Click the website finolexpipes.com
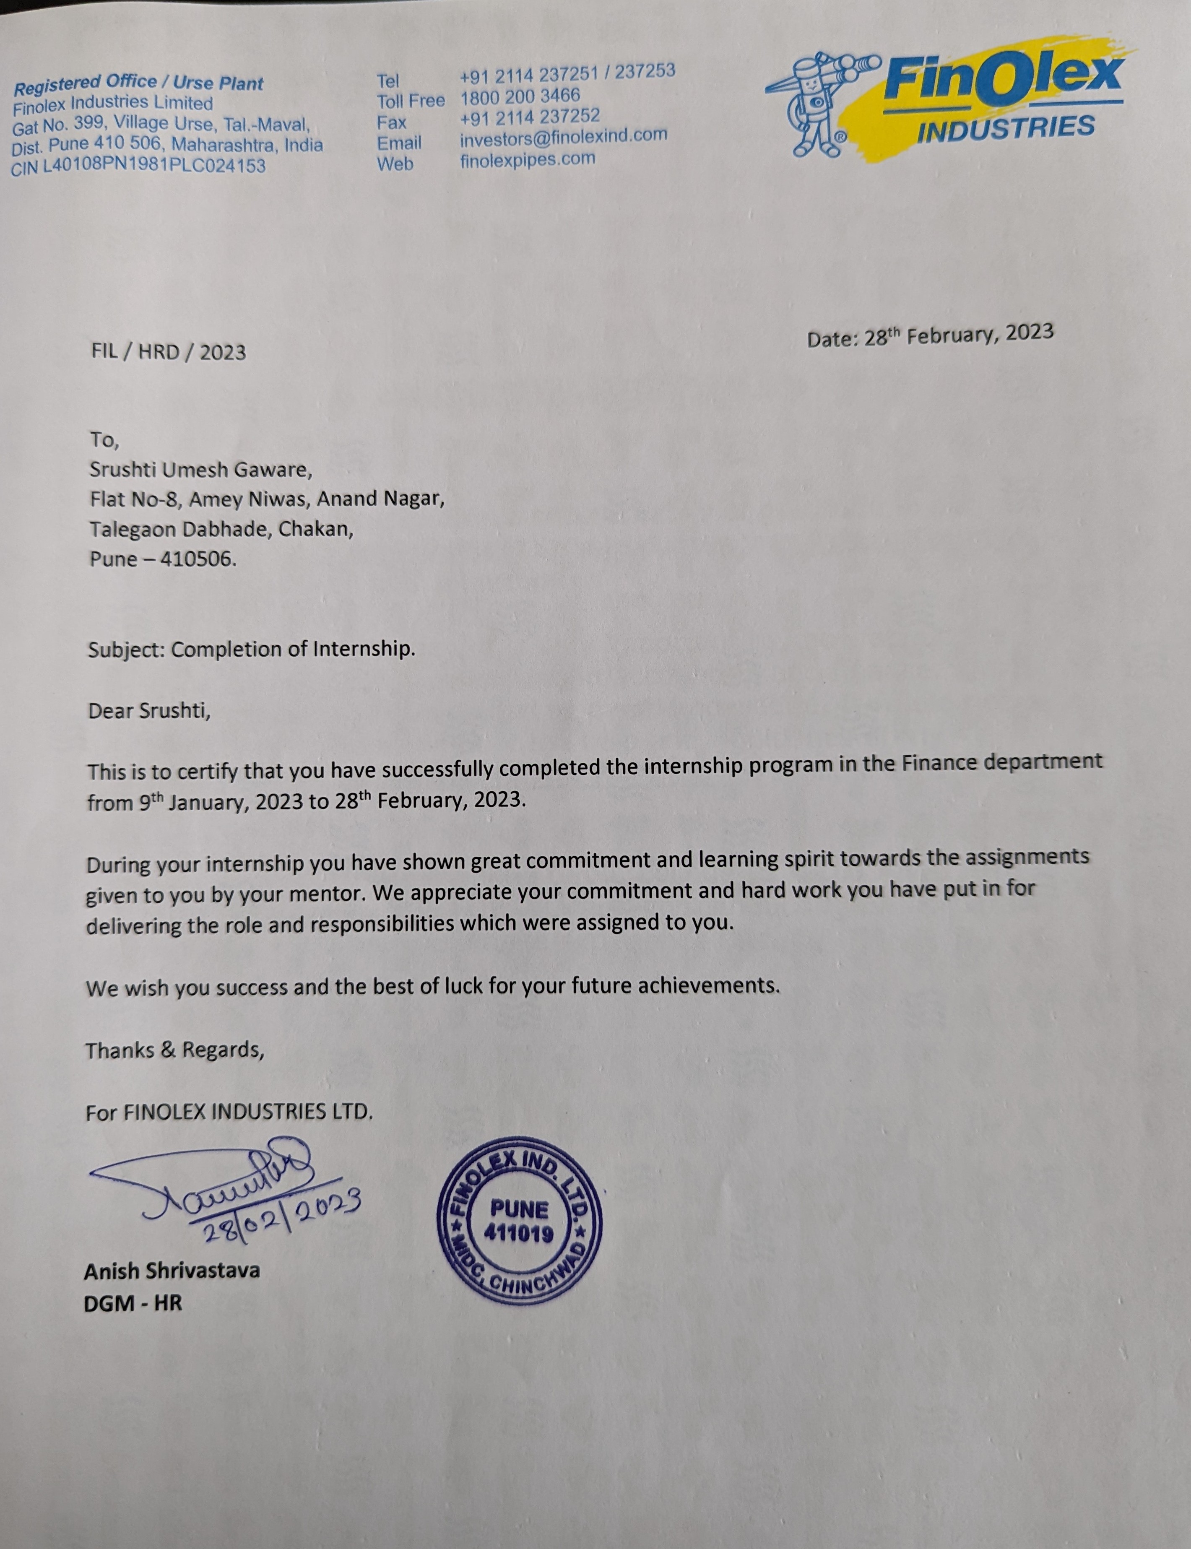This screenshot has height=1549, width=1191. pos(528,159)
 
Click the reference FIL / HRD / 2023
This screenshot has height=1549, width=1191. pos(169,352)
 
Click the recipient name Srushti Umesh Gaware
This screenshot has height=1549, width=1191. pos(200,469)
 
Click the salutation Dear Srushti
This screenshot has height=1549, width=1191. pos(149,711)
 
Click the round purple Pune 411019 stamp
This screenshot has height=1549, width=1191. pos(520,1220)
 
